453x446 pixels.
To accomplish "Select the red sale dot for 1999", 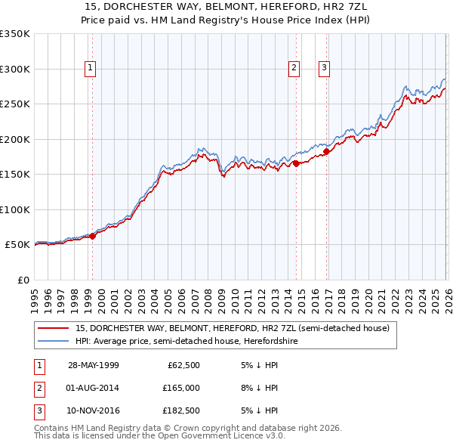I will [x=93, y=236].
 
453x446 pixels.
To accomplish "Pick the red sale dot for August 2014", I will [x=296, y=163].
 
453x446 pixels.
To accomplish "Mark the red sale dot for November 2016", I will [x=327, y=151].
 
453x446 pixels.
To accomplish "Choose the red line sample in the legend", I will [x=54, y=329].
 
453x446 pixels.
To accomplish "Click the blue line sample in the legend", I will [x=54, y=341].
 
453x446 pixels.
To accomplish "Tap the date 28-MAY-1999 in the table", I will [x=94, y=366].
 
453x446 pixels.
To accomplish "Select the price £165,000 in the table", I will [x=181, y=388].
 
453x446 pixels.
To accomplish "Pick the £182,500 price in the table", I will [x=181, y=410].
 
